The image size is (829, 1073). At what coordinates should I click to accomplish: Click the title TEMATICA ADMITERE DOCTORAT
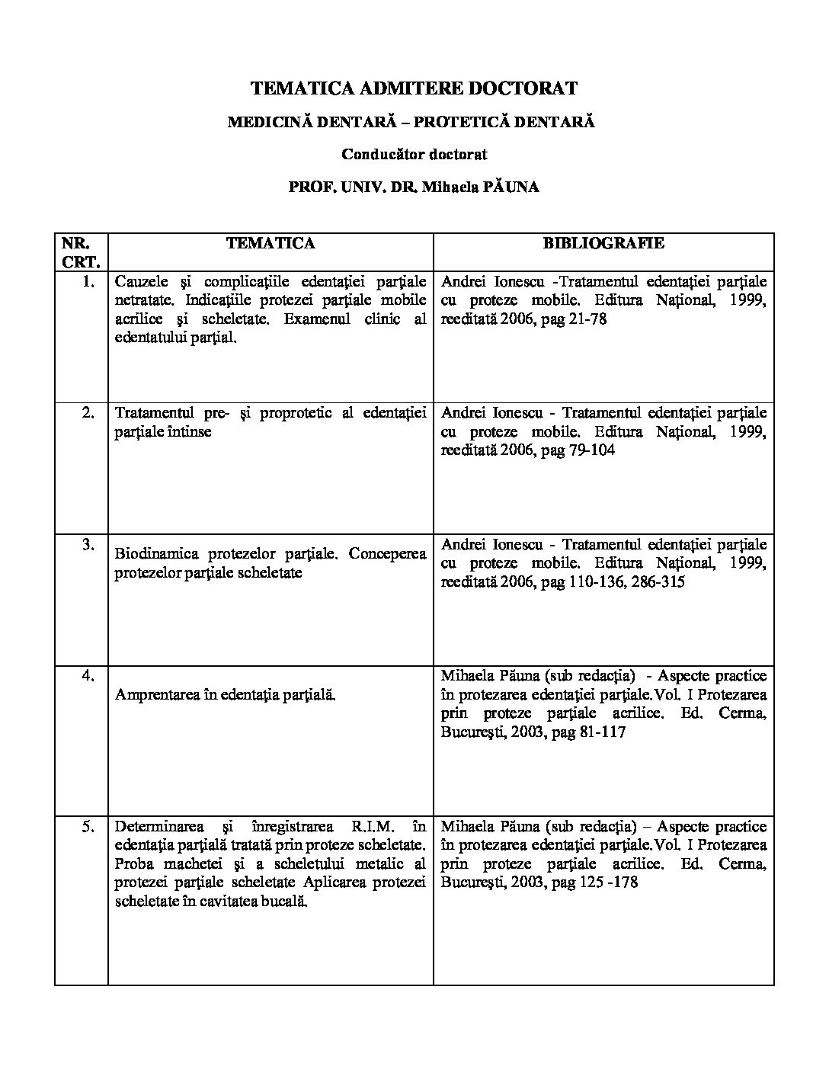pyautogui.click(x=414, y=88)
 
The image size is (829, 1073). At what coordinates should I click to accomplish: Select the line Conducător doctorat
pyautogui.click(x=414, y=154)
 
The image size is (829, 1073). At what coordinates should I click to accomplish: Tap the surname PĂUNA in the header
pyautogui.click(x=509, y=187)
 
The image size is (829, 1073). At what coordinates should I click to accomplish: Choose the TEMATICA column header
pyautogui.click(x=270, y=243)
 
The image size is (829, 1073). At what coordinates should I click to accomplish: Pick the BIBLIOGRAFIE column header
pyautogui.click(x=603, y=243)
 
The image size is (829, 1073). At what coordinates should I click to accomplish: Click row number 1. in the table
pyautogui.click(x=88, y=281)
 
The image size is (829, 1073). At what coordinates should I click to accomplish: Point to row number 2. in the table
pyautogui.click(x=88, y=413)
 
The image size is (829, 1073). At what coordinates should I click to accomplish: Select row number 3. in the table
pyautogui.click(x=88, y=544)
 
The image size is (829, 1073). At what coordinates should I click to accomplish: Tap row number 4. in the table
pyautogui.click(x=88, y=675)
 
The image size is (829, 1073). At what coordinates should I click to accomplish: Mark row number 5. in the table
pyautogui.click(x=88, y=826)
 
